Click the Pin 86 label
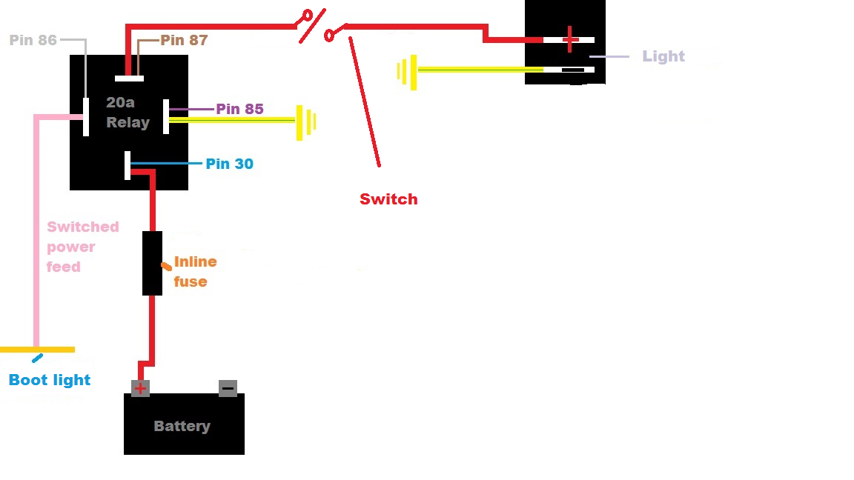pyautogui.click(x=33, y=40)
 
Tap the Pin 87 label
pyautogui.click(x=184, y=40)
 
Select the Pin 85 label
pyautogui.click(x=239, y=109)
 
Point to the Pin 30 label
pyautogui.click(x=229, y=164)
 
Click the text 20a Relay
pyautogui.click(x=128, y=113)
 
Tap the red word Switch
pyautogui.click(x=388, y=199)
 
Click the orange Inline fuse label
pyautogui.click(x=195, y=271)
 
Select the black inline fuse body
pyautogui.click(x=152, y=263)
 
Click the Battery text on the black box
pyautogui.click(x=182, y=426)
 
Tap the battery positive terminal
pyautogui.click(x=140, y=388)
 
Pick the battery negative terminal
pyautogui.click(x=228, y=388)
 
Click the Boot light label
pyautogui.click(x=50, y=380)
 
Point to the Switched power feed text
pyautogui.click(x=82, y=247)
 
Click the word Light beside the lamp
pyautogui.click(x=663, y=56)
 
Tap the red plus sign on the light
pyautogui.click(x=569, y=39)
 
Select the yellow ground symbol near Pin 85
pyautogui.click(x=305, y=121)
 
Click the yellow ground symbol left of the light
pyautogui.click(x=407, y=72)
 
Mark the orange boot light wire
pyautogui.click(x=37, y=350)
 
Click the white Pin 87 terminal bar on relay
pyautogui.click(x=129, y=78)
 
